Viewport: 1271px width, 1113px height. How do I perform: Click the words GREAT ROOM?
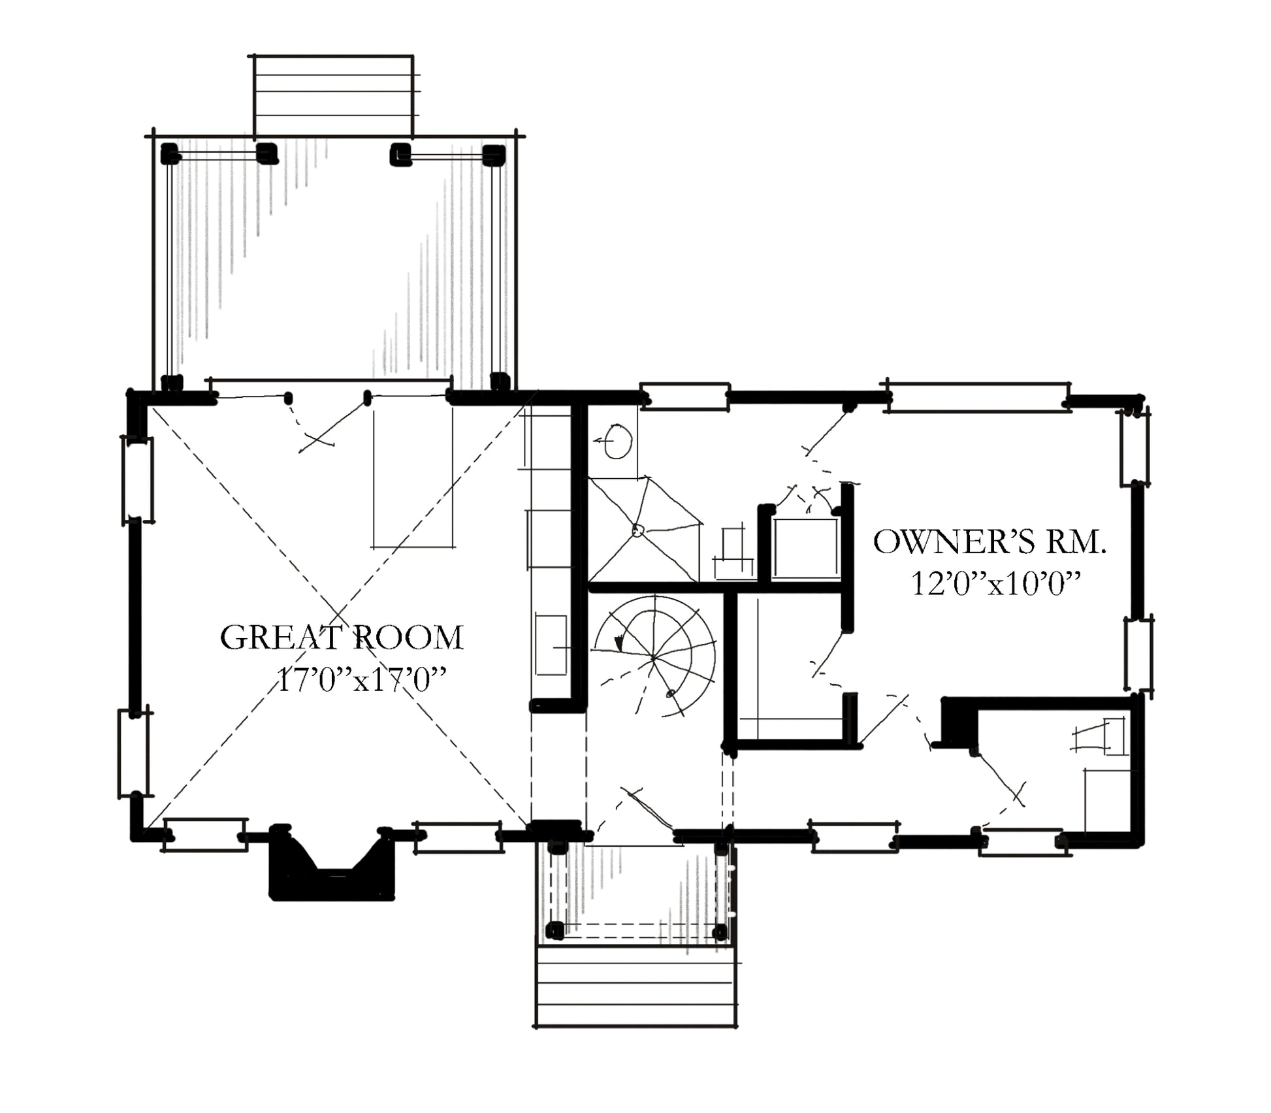342,637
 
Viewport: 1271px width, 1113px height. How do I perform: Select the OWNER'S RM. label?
989,542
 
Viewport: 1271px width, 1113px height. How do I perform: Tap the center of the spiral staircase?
654,657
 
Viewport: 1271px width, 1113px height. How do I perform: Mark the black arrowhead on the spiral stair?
619,643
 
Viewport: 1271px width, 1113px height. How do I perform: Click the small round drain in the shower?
638,531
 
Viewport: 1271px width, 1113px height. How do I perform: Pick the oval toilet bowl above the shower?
617,442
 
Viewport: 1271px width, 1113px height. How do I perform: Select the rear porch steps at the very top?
333,95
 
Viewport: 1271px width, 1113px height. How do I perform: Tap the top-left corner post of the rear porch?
170,154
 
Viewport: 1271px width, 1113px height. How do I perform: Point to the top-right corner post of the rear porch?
494,155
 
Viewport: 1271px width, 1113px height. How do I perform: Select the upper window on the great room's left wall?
138,480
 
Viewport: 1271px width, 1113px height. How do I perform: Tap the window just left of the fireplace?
205,835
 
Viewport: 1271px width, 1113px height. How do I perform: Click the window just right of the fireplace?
459,837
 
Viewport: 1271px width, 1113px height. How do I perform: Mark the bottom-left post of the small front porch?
555,930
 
